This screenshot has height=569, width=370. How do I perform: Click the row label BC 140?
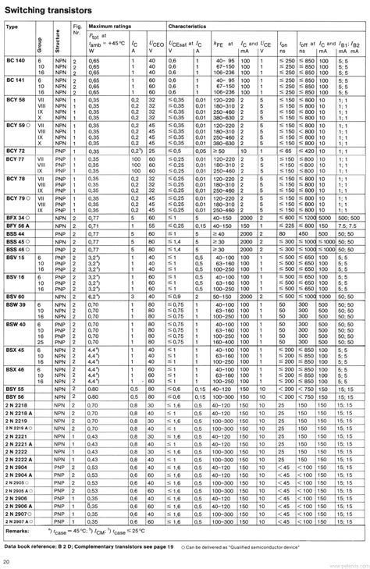[x=16, y=59]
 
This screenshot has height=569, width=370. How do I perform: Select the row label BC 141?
[x=16, y=80]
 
